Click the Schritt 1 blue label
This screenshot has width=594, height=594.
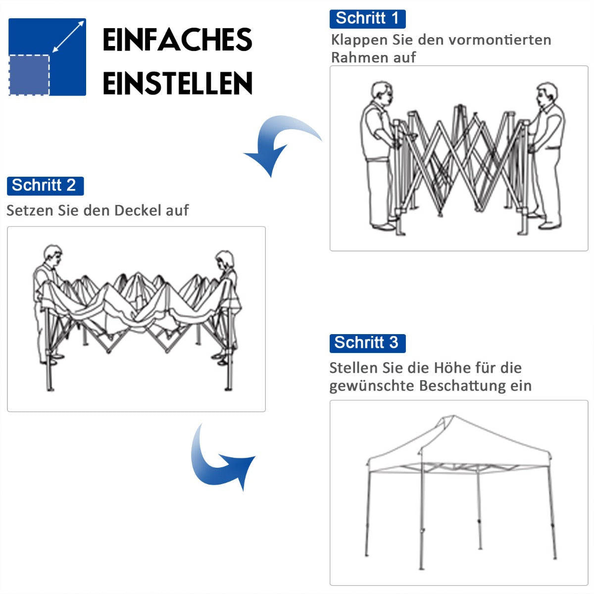(367, 19)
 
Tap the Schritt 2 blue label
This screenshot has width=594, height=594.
(45, 186)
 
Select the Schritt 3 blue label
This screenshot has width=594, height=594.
(367, 343)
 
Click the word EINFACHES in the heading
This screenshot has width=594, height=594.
(178, 40)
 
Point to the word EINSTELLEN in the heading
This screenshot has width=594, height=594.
(178, 83)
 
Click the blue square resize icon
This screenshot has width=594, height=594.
(48, 57)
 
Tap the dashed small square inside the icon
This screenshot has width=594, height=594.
(29, 75)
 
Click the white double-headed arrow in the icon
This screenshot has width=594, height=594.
(68, 37)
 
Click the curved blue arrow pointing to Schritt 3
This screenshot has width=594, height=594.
(218, 460)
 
